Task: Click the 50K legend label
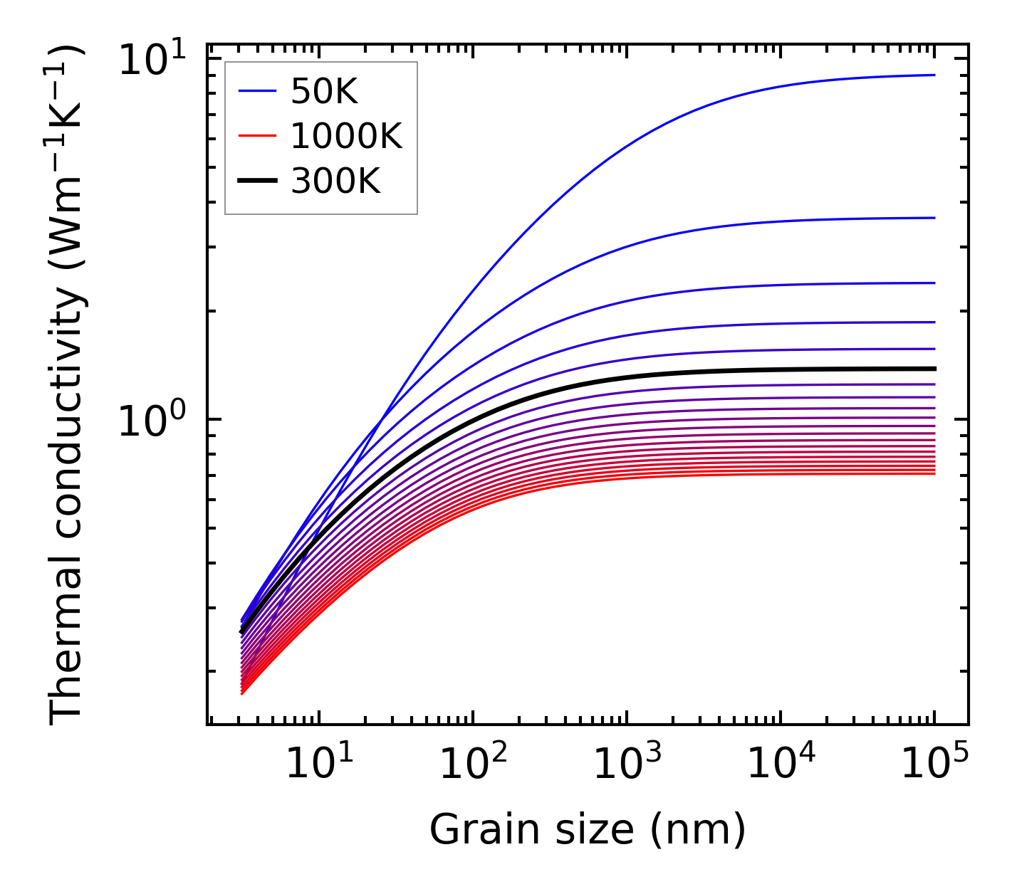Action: point(323,91)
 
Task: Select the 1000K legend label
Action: point(346,136)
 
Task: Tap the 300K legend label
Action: point(335,182)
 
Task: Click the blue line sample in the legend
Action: point(256,91)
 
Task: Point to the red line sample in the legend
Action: point(256,136)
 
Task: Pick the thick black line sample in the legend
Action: point(256,182)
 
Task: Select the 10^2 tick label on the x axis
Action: point(472,764)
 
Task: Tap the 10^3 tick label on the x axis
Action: point(627,764)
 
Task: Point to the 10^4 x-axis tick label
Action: point(781,764)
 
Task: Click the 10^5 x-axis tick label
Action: point(934,764)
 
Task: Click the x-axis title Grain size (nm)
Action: point(588,830)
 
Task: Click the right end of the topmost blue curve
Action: point(934,75)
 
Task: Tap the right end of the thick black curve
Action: point(934,369)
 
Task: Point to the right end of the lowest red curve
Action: point(934,473)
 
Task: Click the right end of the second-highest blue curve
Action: point(934,218)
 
